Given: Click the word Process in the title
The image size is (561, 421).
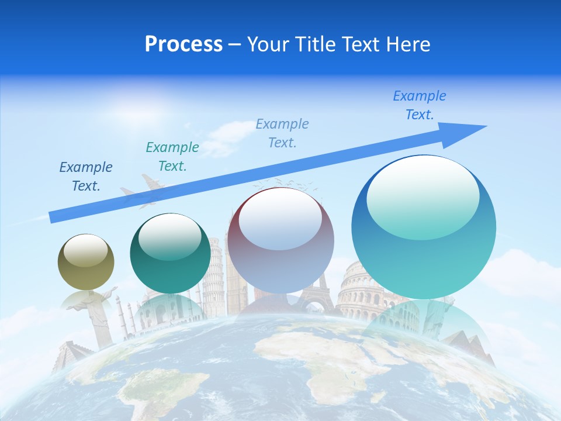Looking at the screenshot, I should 183,44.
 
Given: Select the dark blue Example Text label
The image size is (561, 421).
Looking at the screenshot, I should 86,176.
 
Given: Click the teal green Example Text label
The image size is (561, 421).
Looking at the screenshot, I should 172,156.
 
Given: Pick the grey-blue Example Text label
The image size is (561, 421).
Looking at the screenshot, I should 282,133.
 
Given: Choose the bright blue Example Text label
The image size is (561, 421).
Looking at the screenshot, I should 420,105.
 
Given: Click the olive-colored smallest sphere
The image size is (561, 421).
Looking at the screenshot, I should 86,262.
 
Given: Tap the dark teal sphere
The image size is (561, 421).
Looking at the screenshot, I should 170,253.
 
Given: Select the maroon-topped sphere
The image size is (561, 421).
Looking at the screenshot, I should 280,240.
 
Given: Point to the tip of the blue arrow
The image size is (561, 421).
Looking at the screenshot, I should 485,126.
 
